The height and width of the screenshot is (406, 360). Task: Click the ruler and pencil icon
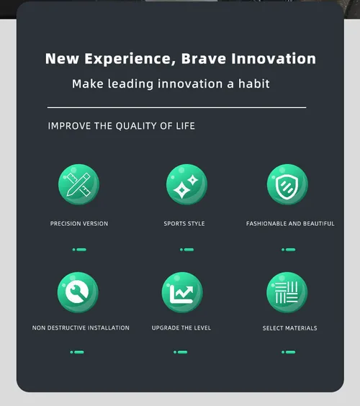click(x=78, y=184)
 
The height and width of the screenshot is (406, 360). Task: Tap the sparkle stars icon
click(x=186, y=184)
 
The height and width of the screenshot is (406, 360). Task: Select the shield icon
click(x=287, y=184)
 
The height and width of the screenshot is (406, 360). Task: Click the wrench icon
click(x=78, y=292)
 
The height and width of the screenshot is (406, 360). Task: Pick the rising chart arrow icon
click(x=182, y=292)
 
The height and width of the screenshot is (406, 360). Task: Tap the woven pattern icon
click(x=287, y=292)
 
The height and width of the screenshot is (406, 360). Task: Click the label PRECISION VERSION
click(x=79, y=223)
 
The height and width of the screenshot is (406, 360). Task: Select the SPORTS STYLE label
click(x=184, y=223)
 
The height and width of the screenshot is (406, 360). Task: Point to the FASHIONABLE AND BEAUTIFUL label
click(x=290, y=223)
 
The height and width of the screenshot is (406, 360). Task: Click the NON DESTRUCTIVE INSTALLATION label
click(x=81, y=328)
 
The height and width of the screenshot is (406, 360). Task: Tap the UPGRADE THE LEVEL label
click(x=181, y=328)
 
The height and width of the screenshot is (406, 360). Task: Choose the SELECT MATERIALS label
click(x=289, y=328)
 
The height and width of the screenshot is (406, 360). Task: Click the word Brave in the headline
click(x=204, y=58)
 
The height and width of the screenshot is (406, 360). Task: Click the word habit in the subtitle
click(x=254, y=84)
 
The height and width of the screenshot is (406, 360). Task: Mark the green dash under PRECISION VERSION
click(x=79, y=250)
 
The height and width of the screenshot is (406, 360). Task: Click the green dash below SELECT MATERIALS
click(x=288, y=352)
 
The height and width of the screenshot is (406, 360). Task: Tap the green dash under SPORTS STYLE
click(x=186, y=250)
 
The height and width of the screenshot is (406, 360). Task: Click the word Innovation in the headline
click(x=274, y=58)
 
